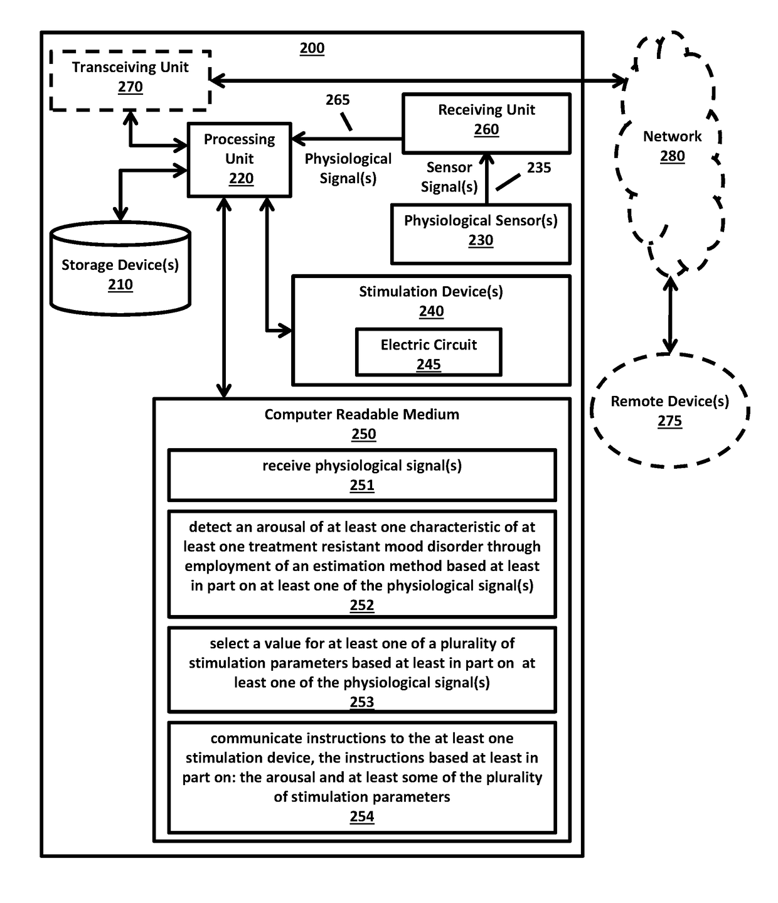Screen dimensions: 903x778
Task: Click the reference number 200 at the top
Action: [312, 48]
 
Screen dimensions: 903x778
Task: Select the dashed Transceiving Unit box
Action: [130, 80]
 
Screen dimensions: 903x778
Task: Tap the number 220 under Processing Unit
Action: [241, 179]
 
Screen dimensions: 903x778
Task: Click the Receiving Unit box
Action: [486, 123]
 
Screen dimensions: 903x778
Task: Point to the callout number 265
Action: [338, 100]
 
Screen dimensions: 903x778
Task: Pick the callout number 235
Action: [539, 168]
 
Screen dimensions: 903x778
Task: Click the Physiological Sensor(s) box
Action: [481, 233]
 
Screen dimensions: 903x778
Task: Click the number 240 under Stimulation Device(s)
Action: [431, 311]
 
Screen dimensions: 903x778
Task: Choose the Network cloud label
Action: [672, 137]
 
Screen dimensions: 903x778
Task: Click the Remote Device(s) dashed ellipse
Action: [669, 410]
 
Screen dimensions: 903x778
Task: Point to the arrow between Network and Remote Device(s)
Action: [671, 315]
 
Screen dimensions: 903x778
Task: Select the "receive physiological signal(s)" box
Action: [362, 475]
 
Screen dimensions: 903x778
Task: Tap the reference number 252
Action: [362, 605]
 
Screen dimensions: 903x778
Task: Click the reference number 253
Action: [362, 702]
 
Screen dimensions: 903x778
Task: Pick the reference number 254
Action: [362, 816]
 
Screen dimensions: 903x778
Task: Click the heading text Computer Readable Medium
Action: [361, 414]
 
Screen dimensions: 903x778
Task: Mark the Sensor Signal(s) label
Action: [449, 177]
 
